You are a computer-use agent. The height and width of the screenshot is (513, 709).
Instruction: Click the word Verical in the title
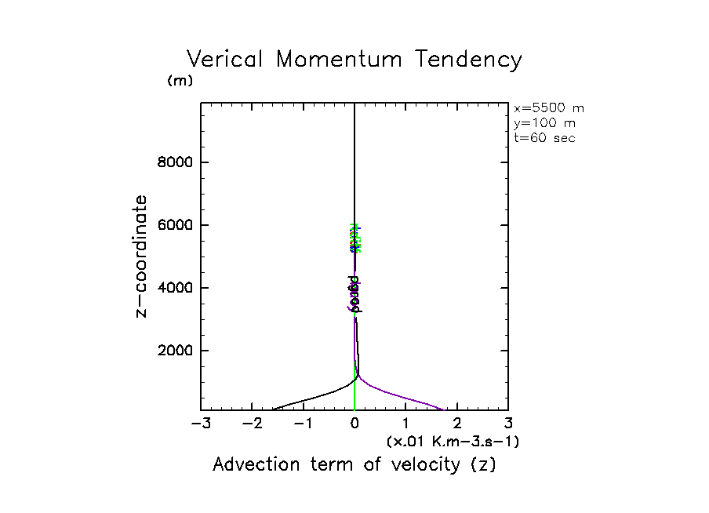[x=227, y=60]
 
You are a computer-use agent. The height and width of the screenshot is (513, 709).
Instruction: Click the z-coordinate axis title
[x=142, y=256]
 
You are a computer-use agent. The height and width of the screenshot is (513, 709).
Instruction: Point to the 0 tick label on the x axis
[x=354, y=424]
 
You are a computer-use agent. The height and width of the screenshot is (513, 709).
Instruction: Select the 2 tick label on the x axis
[x=457, y=424]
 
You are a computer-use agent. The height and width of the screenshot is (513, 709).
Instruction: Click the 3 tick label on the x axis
[x=508, y=424]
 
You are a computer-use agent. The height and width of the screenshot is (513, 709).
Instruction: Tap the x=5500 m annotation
[x=548, y=109]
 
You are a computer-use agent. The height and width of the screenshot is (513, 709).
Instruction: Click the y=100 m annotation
[x=543, y=123]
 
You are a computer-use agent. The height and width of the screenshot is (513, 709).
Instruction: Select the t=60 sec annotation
[x=544, y=137]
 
